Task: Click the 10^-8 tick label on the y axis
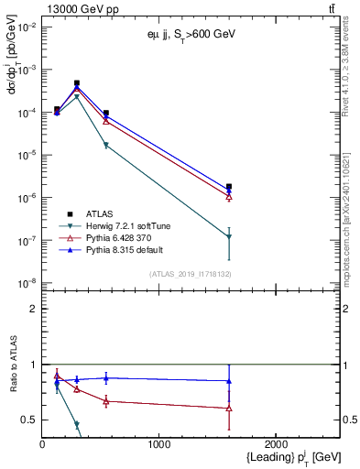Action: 27,283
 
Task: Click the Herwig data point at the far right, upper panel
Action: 229,236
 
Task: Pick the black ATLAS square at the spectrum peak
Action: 77,83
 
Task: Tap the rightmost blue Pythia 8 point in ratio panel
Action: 229,380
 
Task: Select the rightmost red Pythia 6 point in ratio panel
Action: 229,408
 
